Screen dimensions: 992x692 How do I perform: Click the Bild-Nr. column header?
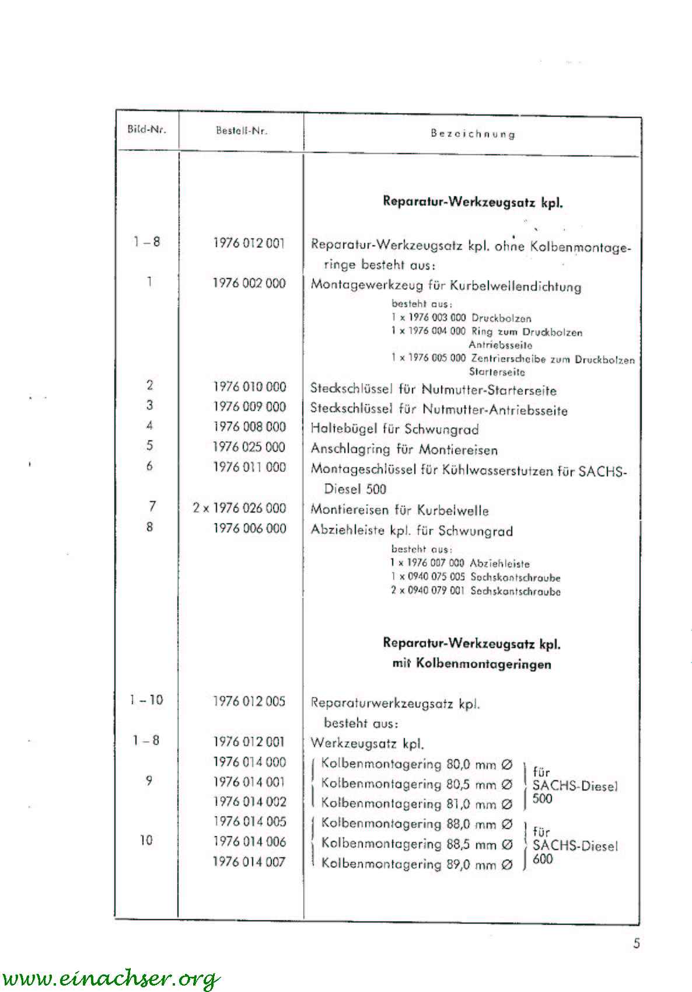tap(146, 130)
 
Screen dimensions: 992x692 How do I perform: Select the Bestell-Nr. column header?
tap(241, 131)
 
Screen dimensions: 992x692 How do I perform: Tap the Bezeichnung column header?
tap(473, 134)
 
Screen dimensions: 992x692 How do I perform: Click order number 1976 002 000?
tap(249, 283)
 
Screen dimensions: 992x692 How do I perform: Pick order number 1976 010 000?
tap(249, 387)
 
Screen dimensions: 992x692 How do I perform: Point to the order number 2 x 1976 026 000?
tap(240, 508)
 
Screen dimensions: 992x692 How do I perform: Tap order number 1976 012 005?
tap(249, 701)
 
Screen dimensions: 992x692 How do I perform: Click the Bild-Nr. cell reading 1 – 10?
tap(146, 699)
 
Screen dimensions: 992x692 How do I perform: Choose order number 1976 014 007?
tap(249, 862)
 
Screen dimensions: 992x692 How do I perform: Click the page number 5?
tap(636, 944)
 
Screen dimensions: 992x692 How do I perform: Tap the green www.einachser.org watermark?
tap(111, 977)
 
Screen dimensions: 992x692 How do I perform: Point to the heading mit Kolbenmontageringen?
tap(471, 664)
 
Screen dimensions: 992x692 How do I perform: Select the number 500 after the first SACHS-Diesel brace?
tap(542, 799)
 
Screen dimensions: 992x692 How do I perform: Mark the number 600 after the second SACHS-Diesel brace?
tap(542, 859)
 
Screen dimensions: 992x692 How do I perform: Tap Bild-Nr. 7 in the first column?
tap(152, 506)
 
